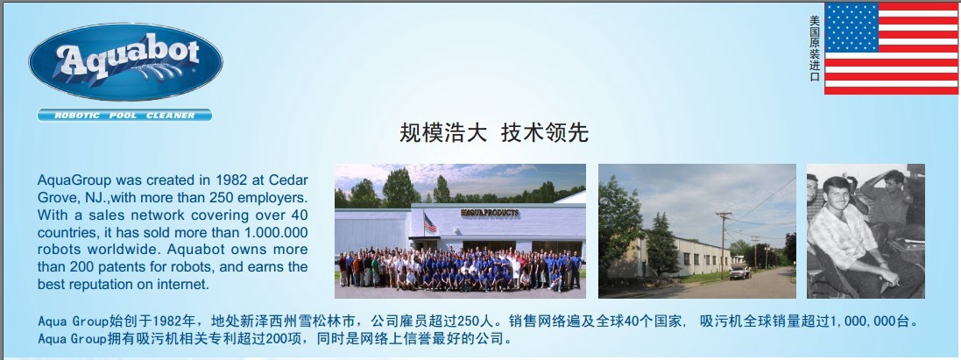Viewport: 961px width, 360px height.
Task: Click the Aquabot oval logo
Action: [125, 62]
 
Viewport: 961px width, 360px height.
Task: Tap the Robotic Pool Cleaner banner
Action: [124, 116]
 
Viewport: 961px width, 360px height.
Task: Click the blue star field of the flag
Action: [851, 27]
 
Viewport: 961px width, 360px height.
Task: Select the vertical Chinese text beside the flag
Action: [815, 48]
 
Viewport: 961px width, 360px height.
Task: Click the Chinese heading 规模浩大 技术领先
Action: [494, 132]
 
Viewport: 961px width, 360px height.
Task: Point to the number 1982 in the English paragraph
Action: [230, 180]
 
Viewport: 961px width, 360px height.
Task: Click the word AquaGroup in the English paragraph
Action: [74, 181]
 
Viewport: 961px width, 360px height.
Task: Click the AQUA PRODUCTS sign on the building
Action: [490, 213]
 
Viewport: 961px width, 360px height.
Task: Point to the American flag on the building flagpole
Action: [430, 222]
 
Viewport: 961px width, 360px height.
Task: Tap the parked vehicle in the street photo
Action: [739, 272]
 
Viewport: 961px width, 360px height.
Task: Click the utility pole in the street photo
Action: [724, 245]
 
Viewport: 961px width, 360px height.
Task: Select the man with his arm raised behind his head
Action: [888, 202]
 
